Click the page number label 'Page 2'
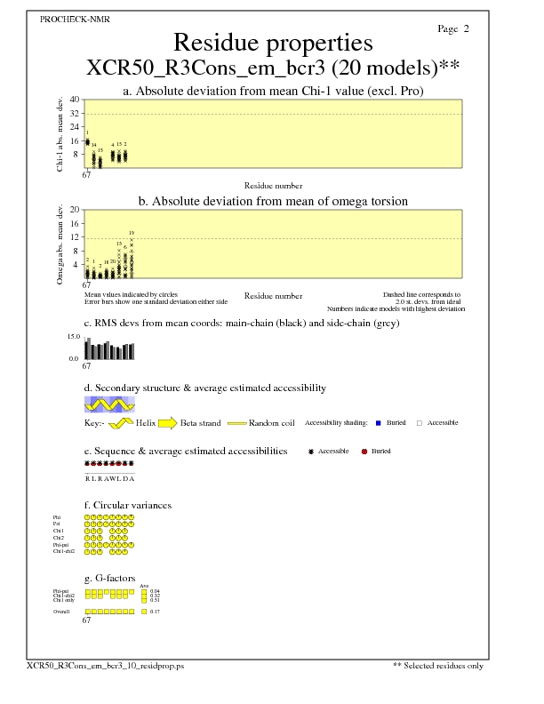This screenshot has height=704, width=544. [453, 29]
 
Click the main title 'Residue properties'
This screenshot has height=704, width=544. [272, 43]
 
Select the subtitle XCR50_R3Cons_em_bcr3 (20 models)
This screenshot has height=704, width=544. [272, 68]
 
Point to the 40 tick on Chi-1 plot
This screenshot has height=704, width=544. [75, 100]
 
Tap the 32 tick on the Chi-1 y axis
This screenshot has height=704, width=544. [75, 114]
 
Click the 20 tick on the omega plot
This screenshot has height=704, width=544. [75, 210]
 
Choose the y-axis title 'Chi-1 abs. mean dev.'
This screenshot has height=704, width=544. [60, 133]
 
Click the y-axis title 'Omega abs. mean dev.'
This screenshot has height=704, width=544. [60, 244]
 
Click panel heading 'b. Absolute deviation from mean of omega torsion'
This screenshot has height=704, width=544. [272, 202]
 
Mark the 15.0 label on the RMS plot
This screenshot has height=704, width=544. [73, 337]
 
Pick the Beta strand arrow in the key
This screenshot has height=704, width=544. [166, 423]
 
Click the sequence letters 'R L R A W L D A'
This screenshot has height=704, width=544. [108, 478]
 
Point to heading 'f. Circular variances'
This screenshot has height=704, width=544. [127, 506]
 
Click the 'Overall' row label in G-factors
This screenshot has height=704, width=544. [61, 612]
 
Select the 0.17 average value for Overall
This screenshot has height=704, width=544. [156, 612]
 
